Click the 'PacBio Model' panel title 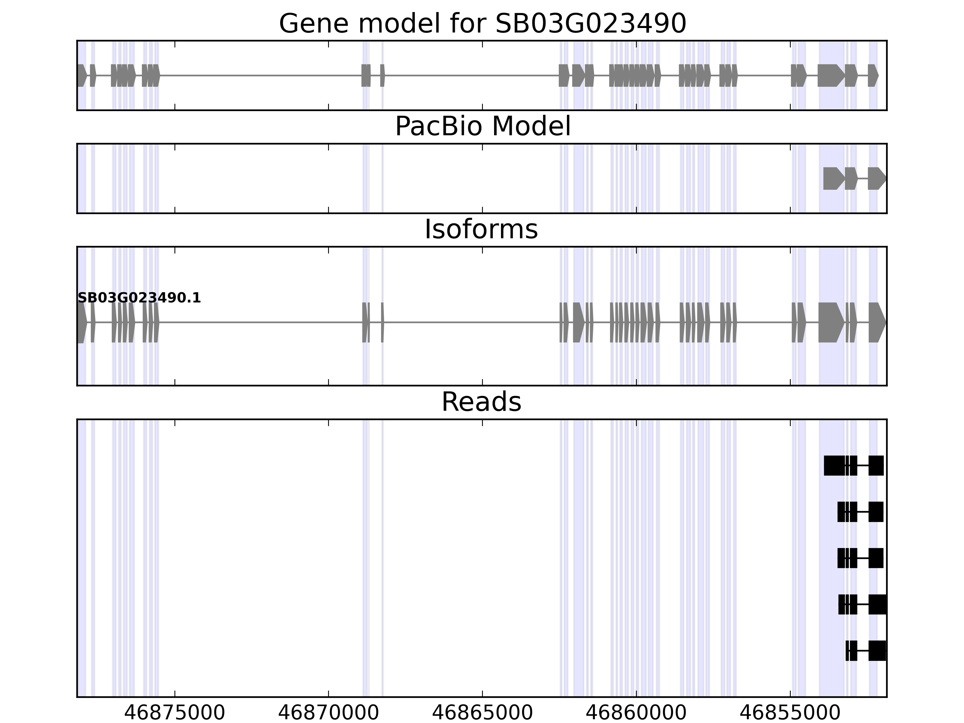482,127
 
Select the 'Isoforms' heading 481,230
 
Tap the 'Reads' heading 481,402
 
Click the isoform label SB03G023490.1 139,298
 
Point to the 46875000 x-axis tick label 174,713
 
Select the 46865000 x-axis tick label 482,713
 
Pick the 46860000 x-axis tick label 636,713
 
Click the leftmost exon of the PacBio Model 832,179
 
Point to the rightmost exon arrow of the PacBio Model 876,179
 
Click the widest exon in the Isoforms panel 830,323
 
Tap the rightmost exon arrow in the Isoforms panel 876,323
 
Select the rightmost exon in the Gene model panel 872,75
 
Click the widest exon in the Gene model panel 829,75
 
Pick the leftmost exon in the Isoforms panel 82,323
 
